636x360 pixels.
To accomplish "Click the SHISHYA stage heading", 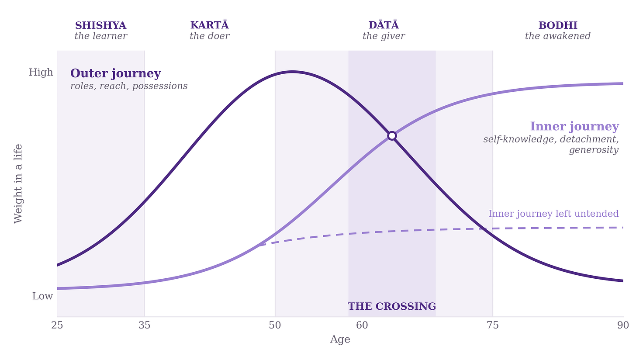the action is click(100, 25).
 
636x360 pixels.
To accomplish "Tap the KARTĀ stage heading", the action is click(210, 25).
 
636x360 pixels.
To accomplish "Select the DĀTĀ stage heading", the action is click(384, 25).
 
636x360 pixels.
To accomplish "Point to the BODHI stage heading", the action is click(558, 25).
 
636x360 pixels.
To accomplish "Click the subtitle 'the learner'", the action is click(101, 36).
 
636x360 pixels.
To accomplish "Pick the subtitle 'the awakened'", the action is click(558, 36).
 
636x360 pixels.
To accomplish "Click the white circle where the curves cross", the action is click(392, 136).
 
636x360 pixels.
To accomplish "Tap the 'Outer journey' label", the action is click(116, 73).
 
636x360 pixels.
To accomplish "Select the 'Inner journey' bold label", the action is click(574, 126).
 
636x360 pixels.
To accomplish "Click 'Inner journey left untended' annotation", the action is click(553, 214).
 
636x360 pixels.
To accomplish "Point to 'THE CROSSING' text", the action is click(392, 306).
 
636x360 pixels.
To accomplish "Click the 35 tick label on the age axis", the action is click(144, 325).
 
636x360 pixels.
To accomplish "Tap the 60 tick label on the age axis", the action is click(362, 325).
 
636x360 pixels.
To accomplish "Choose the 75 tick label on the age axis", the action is click(493, 325).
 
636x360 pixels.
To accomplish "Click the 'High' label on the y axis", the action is click(41, 73).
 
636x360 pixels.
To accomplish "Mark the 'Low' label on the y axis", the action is click(42, 296).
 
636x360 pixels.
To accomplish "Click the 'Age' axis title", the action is click(340, 339).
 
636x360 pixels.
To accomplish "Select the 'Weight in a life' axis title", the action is click(18, 183).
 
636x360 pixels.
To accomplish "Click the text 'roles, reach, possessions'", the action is click(129, 86).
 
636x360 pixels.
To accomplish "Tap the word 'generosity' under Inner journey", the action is click(594, 150).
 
